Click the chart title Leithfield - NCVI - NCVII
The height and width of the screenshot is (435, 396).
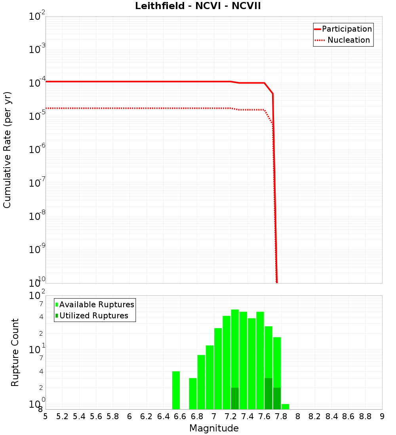coord(198,6)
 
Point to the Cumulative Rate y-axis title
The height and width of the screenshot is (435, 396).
coord(7,149)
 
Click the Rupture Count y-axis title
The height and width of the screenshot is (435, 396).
coord(15,352)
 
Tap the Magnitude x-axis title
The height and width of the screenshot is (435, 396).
coord(214,428)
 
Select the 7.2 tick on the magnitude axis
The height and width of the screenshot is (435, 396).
coord(230,416)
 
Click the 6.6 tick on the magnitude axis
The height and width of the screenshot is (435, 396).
coord(180,416)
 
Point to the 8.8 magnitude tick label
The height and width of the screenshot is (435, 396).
coord(365,416)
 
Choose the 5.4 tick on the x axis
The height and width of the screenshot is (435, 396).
coord(79,416)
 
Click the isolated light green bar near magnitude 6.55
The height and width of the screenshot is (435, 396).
coord(176,390)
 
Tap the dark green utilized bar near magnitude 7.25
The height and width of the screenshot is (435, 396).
coord(235,399)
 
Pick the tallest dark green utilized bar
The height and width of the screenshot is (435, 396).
coord(268,394)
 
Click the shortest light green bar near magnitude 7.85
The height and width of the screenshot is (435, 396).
coord(285,407)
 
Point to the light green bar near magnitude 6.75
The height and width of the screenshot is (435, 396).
coord(193,393)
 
